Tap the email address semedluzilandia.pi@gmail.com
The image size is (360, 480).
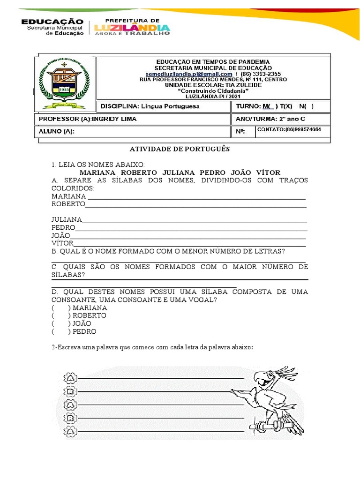click(188, 74)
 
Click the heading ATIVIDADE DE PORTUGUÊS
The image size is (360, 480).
click(180, 149)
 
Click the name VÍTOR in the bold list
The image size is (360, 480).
click(267, 173)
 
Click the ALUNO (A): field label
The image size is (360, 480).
click(57, 132)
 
